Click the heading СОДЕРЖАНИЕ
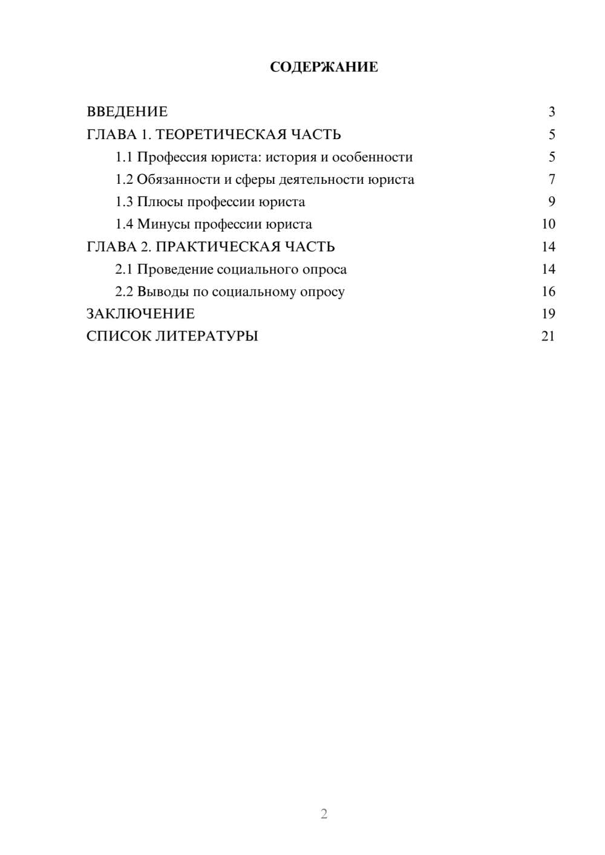tap(324, 67)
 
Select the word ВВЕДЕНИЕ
tap(127, 112)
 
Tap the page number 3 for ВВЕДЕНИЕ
tap(551, 112)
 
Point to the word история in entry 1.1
tap(291, 157)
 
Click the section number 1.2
tap(124, 180)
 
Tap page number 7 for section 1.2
tap(551, 180)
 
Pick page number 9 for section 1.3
tap(551, 202)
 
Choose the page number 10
tap(548, 224)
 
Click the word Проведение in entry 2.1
tap(174, 269)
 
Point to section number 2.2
tap(124, 291)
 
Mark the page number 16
tap(548, 291)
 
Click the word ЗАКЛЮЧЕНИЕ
tap(140, 314)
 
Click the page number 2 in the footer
tap(324, 814)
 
